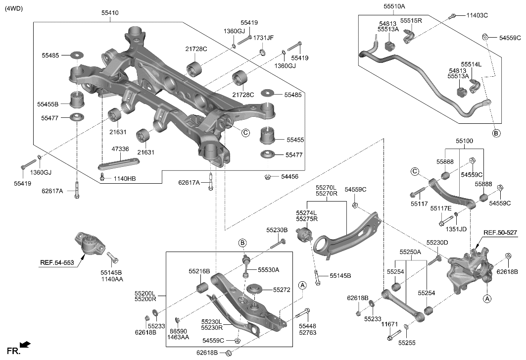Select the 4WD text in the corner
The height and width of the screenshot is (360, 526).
coord(14,8)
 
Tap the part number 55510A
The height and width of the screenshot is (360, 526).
coord(394,6)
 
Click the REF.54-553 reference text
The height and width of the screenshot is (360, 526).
coord(57,262)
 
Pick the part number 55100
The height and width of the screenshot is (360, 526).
coord(464,141)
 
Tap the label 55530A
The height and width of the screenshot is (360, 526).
coord(268,270)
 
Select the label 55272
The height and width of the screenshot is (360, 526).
coord(282,289)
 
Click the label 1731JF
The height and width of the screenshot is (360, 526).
coord(264,38)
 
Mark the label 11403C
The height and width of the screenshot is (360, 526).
coord(477,15)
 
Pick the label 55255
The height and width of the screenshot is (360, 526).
coord(407,342)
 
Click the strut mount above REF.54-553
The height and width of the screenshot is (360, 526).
coord(89,244)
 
